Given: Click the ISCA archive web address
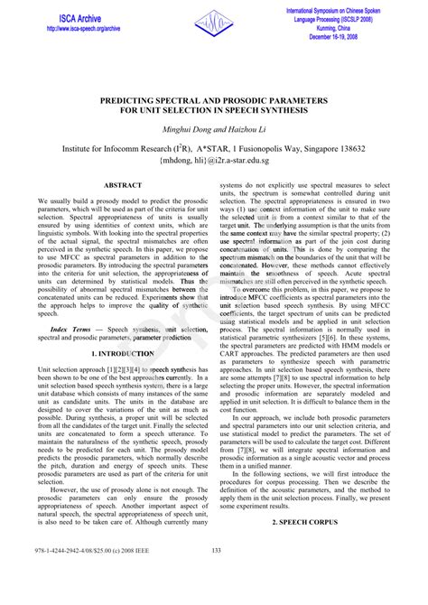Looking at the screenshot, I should [x=82, y=28].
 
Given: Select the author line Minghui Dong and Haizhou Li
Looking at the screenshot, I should [x=214, y=130].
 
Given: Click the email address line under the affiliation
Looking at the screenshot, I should [x=214, y=160].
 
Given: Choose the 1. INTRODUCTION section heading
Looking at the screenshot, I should [x=122, y=354].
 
